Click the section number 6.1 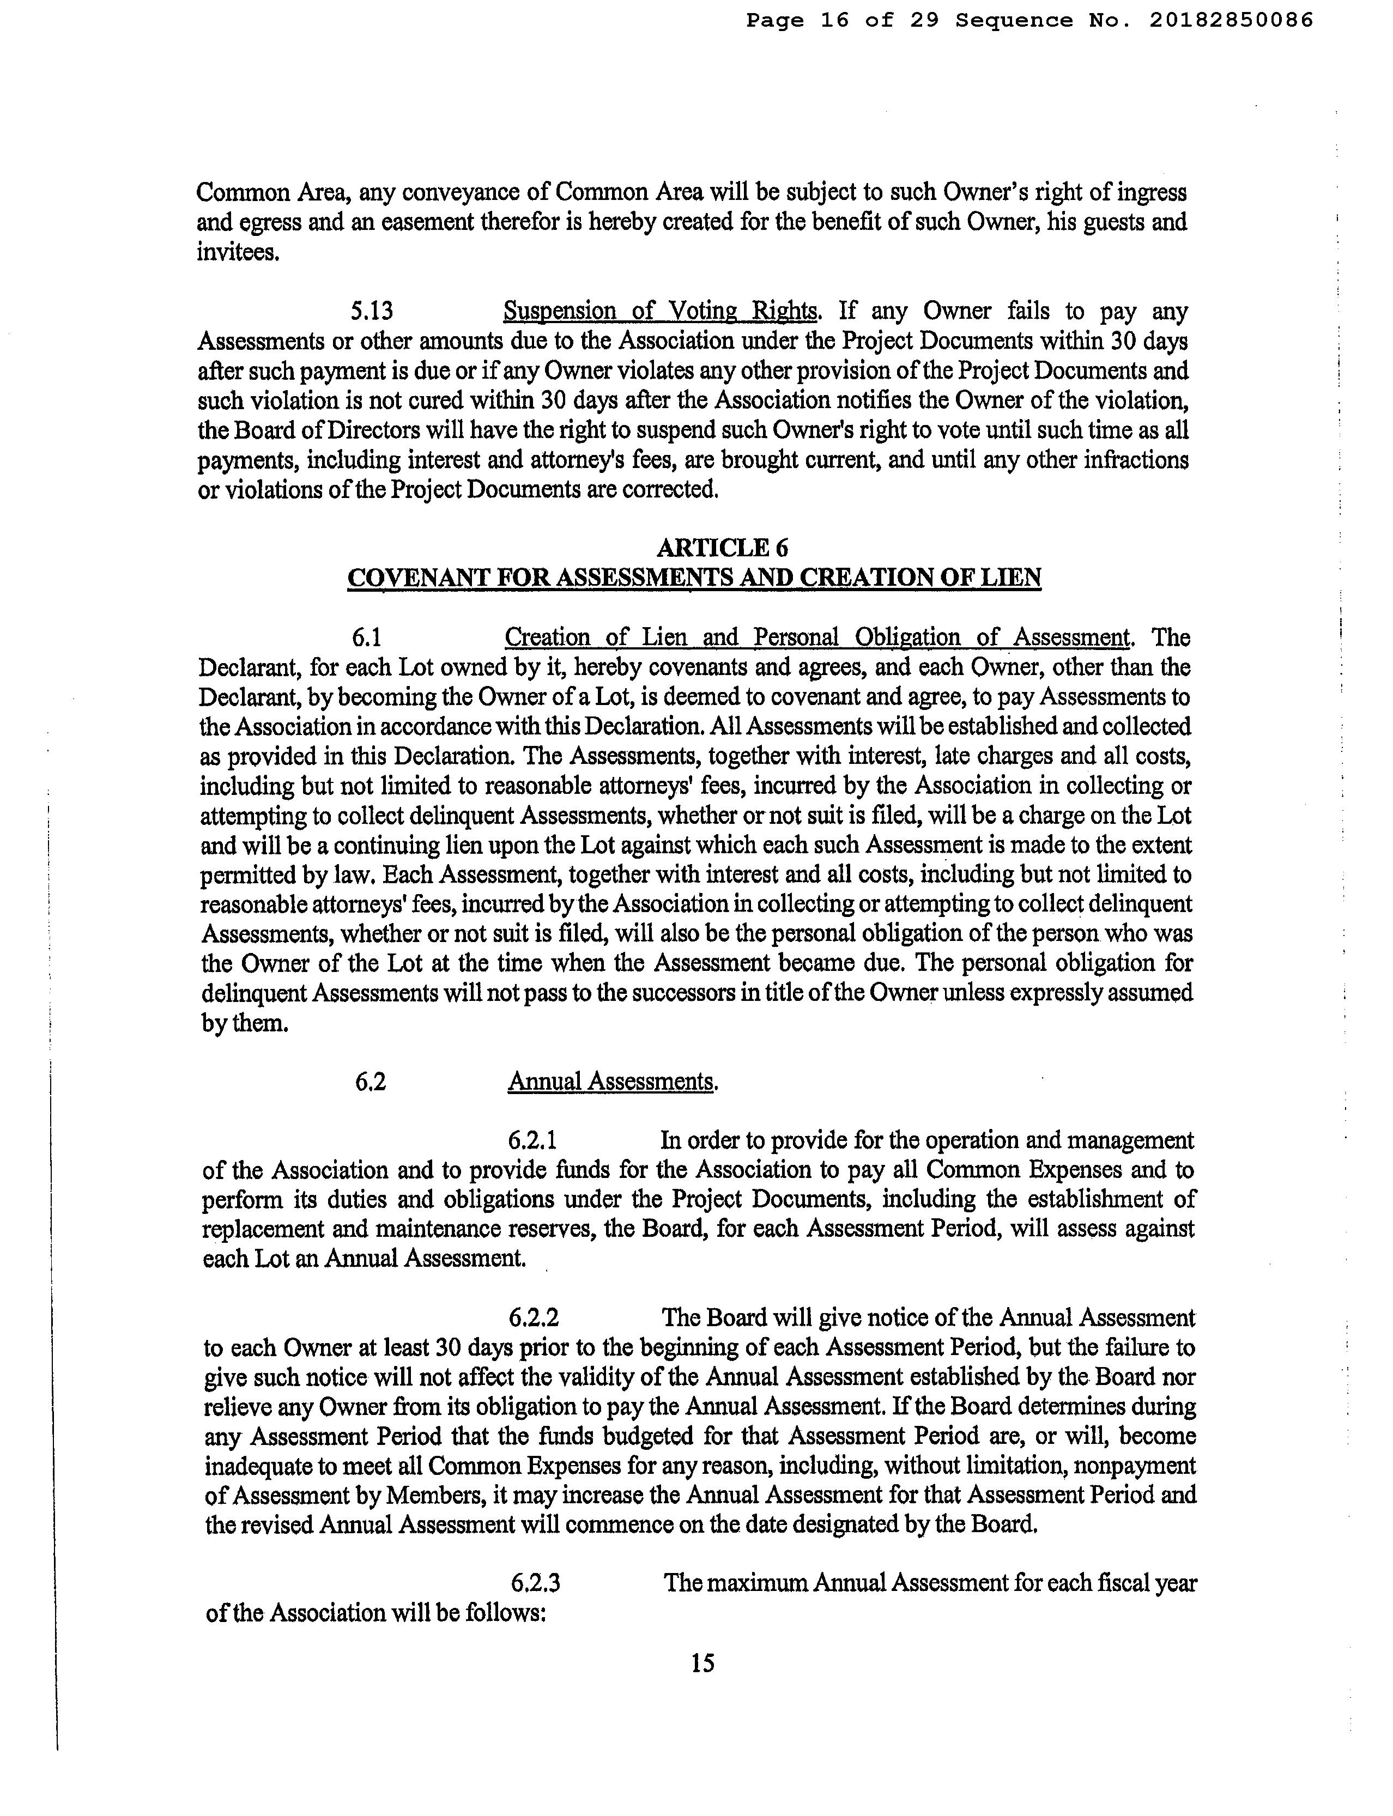click(366, 637)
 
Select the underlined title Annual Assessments click(612, 1082)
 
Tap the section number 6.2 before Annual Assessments click(370, 1082)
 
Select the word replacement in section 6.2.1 click(267, 1229)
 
